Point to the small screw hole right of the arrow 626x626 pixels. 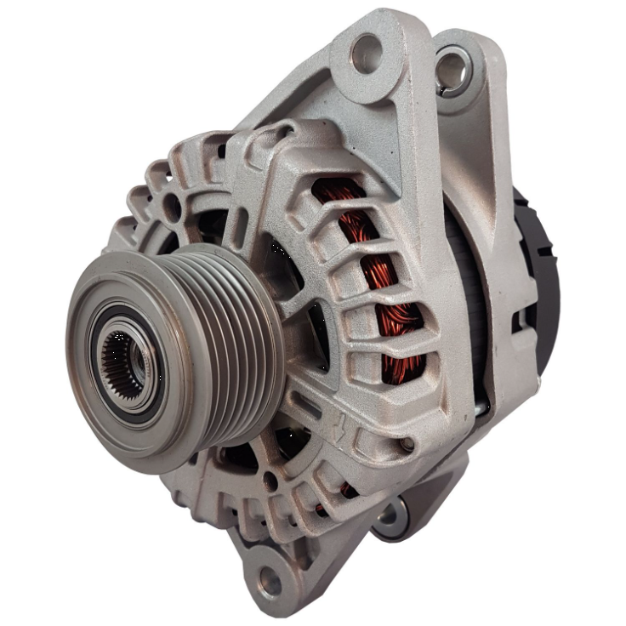pyautogui.click(x=407, y=444)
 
